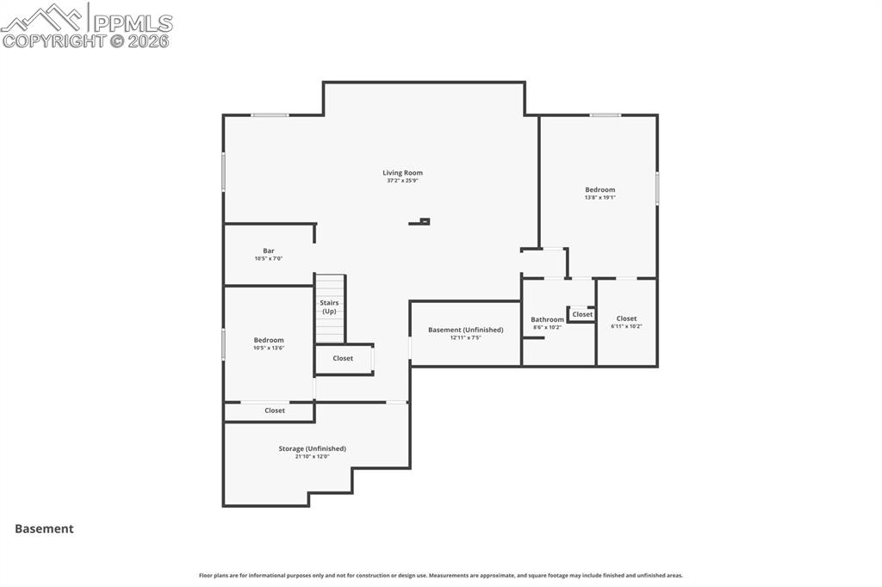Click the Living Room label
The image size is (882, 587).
point(403,173)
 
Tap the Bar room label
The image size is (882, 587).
point(269,250)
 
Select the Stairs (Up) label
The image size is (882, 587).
point(330,307)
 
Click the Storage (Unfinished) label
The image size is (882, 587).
point(312,448)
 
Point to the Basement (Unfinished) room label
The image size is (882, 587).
point(466,330)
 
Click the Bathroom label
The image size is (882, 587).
point(547,319)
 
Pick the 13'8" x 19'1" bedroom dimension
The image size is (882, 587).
point(600,198)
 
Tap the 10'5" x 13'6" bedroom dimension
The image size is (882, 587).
point(269,348)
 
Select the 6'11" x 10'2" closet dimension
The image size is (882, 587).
point(627,326)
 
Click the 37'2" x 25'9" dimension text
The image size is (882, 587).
point(403,181)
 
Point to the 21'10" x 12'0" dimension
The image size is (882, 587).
point(312,456)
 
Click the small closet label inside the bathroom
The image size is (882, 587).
point(583,314)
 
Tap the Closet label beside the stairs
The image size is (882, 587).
point(343,358)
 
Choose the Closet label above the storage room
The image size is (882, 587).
point(275,411)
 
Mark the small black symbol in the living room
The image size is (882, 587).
point(419,221)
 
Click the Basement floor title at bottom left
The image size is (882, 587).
point(45,528)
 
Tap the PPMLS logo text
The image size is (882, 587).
point(133,23)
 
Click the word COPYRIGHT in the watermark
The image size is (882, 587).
point(54,40)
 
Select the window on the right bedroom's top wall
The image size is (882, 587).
point(606,115)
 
